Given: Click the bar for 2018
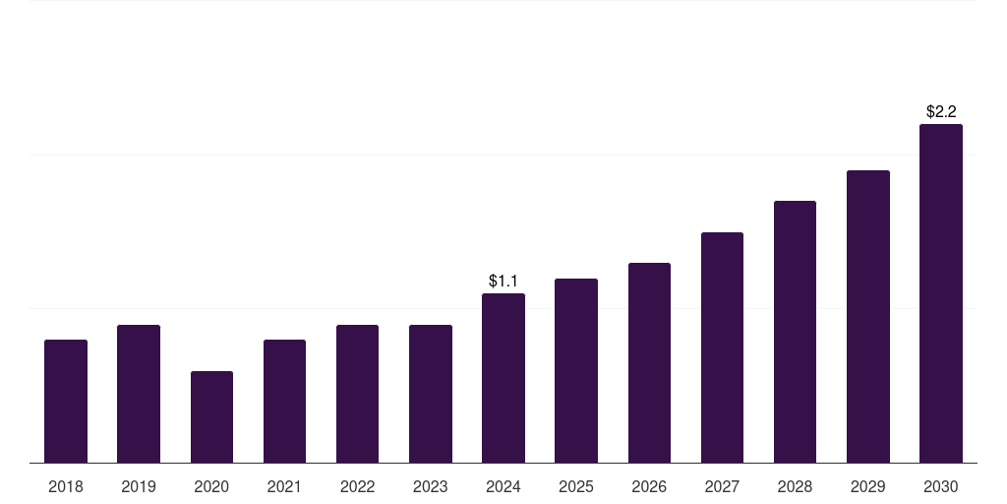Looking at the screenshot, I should coord(66,401).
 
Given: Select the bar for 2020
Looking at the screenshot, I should coord(211,416).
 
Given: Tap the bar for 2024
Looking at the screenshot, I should coord(503,378).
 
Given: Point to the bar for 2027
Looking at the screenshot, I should coord(722,347).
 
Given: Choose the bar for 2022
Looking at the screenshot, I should coord(357,394).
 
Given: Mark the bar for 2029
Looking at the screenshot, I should coord(868,316).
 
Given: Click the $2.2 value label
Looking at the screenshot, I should coord(941,112).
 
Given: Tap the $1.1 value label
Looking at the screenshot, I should coord(503,282).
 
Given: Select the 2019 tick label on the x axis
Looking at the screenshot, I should coord(139,486).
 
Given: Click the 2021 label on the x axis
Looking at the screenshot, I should coord(284,486).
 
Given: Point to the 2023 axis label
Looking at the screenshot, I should coord(431,486).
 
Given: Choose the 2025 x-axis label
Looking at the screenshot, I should coord(576,486).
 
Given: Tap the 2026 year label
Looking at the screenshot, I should coord(649,486).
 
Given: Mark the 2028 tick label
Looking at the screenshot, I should coord(795,486).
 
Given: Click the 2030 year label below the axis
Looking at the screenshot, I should coord(941,486).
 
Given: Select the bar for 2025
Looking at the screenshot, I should coord(576,370).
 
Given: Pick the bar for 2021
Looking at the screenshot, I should coord(284,401).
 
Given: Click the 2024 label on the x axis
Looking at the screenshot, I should coord(503,486).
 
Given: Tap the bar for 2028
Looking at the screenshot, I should coord(795,332).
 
